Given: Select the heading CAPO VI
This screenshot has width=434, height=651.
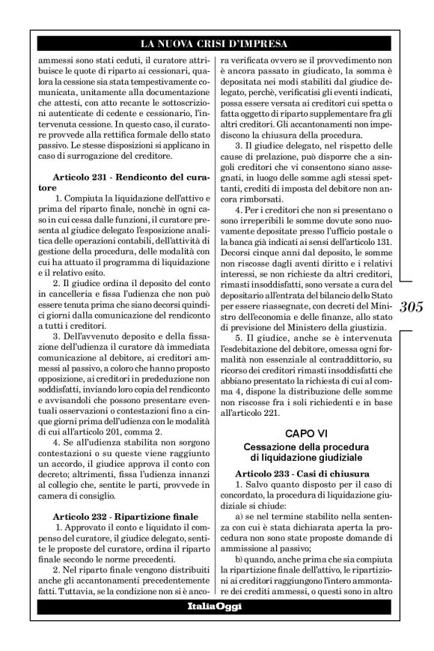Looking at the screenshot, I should click(305, 434).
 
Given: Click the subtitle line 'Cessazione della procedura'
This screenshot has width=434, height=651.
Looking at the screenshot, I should click(305, 446).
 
